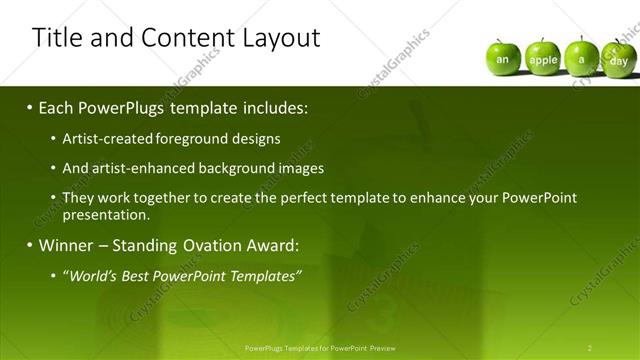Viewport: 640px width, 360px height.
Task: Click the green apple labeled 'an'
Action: [503, 59]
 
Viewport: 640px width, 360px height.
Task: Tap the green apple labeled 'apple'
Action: [543, 59]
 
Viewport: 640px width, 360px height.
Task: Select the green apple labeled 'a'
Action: [581, 59]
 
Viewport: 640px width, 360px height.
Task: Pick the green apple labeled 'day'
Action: [618, 60]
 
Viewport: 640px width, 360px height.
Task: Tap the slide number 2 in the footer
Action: [590, 347]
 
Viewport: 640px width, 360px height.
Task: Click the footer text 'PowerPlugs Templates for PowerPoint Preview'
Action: [320, 347]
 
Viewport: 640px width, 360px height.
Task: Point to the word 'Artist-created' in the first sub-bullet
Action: [103, 139]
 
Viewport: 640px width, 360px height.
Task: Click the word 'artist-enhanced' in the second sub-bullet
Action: [139, 168]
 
